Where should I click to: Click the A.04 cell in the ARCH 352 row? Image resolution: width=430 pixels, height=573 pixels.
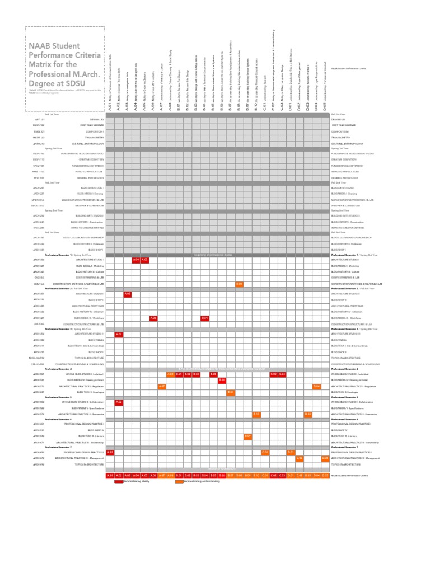click(136, 260)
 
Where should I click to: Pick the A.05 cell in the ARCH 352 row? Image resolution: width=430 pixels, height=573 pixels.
click(144, 260)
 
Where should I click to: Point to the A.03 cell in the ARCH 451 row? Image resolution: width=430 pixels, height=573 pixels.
click(128, 293)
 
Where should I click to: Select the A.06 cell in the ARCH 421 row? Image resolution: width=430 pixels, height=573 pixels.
click(153, 318)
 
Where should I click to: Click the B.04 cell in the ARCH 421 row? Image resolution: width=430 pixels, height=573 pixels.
click(205, 318)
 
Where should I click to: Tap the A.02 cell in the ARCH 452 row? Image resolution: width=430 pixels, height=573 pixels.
click(119, 334)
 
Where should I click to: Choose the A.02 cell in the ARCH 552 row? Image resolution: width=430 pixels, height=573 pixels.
click(119, 402)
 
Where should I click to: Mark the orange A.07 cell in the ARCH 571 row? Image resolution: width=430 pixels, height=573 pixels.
click(162, 386)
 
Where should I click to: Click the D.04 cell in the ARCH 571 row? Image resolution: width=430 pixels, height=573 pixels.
click(316, 386)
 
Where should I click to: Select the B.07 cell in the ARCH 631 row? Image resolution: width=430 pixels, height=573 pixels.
click(231, 392)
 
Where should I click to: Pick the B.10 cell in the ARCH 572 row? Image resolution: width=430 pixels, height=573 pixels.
click(256, 414)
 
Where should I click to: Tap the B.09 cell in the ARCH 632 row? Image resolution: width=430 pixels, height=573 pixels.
click(248, 436)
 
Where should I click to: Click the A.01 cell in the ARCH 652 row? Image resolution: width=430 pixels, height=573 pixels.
click(110, 452)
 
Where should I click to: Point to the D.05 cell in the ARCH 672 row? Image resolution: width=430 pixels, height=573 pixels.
click(325, 458)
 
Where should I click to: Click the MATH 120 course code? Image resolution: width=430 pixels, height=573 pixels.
click(38, 137)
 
